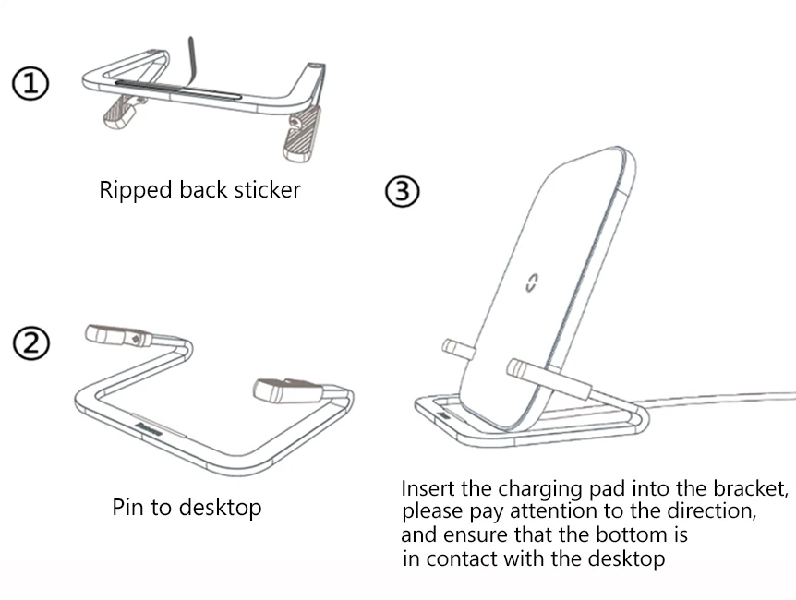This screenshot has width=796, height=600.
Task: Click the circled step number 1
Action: (30, 84)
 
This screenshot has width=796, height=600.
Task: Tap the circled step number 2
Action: (30, 343)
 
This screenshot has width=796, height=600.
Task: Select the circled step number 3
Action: (402, 192)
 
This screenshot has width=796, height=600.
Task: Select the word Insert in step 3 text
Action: (428, 488)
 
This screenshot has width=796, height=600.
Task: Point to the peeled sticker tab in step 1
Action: (191, 57)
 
